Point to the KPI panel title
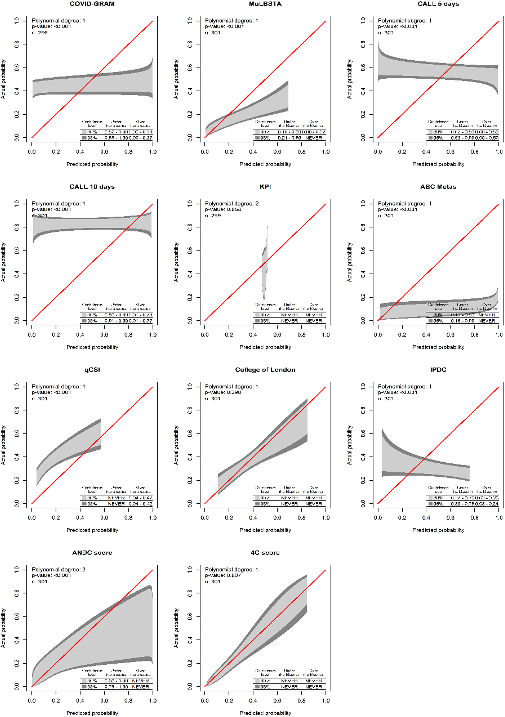(265, 187)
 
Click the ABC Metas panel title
(438, 187)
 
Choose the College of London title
(265, 370)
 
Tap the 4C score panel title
(265, 553)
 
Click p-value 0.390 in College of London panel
(223, 392)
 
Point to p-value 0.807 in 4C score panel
(223, 575)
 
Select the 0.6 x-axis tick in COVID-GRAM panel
(104, 152)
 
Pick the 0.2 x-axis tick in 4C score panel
(229, 701)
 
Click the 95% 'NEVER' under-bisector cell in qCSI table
(116, 504)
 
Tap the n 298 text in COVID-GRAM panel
(40, 32)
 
